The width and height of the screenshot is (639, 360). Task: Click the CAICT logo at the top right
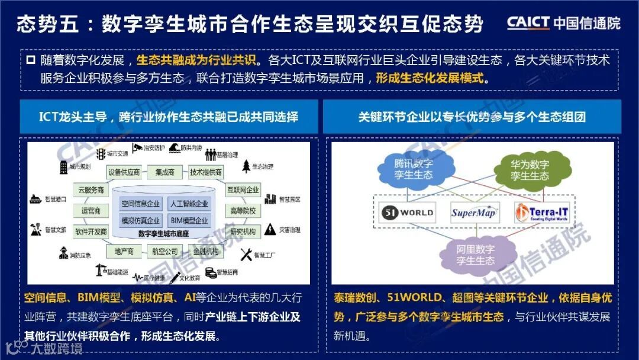tap(563, 22)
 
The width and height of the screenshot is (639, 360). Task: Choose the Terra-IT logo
tap(541, 212)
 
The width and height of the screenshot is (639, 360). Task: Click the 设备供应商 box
tap(124, 172)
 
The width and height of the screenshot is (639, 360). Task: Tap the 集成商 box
tap(165, 172)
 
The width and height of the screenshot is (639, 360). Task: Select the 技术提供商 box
tap(206, 172)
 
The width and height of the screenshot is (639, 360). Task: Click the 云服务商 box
tap(91, 190)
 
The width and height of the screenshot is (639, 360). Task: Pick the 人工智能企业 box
tap(189, 204)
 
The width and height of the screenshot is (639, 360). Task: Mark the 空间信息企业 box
tap(141, 204)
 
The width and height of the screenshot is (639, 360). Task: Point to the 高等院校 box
tap(243, 210)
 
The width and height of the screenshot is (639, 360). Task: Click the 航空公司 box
tap(164, 252)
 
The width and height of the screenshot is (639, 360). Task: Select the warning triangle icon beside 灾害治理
tap(269, 229)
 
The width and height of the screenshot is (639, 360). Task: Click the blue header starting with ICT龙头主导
tap(169, 116)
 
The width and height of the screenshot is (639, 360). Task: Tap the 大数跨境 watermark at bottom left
tap(44, 348)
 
